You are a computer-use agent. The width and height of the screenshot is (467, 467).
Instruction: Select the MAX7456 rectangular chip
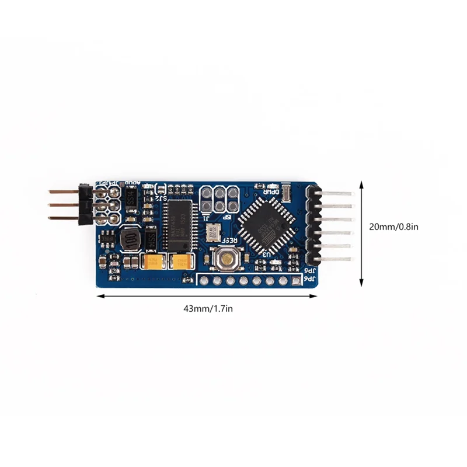175,224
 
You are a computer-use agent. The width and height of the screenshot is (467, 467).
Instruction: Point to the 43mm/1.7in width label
207,309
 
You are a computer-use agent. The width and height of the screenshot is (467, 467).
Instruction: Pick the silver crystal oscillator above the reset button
212,231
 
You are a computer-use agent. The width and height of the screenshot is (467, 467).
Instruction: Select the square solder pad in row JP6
297,282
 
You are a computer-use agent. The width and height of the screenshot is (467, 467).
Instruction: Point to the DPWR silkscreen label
271,191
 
